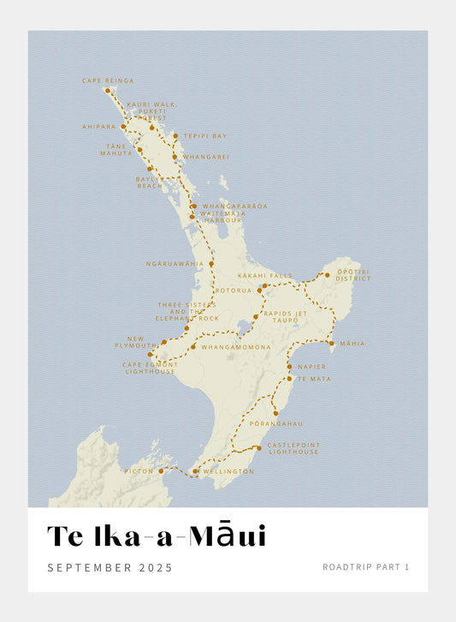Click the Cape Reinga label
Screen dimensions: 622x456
click(x=108, y=81)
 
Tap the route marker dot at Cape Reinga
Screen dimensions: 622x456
click(x=108, y=90)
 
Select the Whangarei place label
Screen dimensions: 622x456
click(x=206, y=157)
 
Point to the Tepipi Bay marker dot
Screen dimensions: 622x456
click(x=175, y=135)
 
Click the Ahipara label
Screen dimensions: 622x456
click(x=98, y=126)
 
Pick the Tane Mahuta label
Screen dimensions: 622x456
click(x=115, y=149)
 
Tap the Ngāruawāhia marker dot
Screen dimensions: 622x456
click(x=211, y=264)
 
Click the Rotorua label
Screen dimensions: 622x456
click(x=234, y=290)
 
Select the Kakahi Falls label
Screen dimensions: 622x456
click(x=259, y=276)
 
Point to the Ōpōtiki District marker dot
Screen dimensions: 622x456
click(x=327, y=276)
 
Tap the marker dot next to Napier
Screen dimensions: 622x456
click(x=289, y=367)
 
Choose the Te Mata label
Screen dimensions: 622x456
click(x=312, y=378)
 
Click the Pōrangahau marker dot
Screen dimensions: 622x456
click(x=275, y=413)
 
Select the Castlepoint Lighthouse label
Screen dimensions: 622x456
click(x=293, y=449)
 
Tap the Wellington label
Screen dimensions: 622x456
click(x=228, y=471)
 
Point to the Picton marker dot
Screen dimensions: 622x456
click(x=161, y=471)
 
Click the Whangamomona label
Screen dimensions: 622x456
click(x=236, y=347)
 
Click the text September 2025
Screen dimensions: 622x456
click(x=110, y=567)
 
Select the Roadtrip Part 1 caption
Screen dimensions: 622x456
click(x=366, y=567)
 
